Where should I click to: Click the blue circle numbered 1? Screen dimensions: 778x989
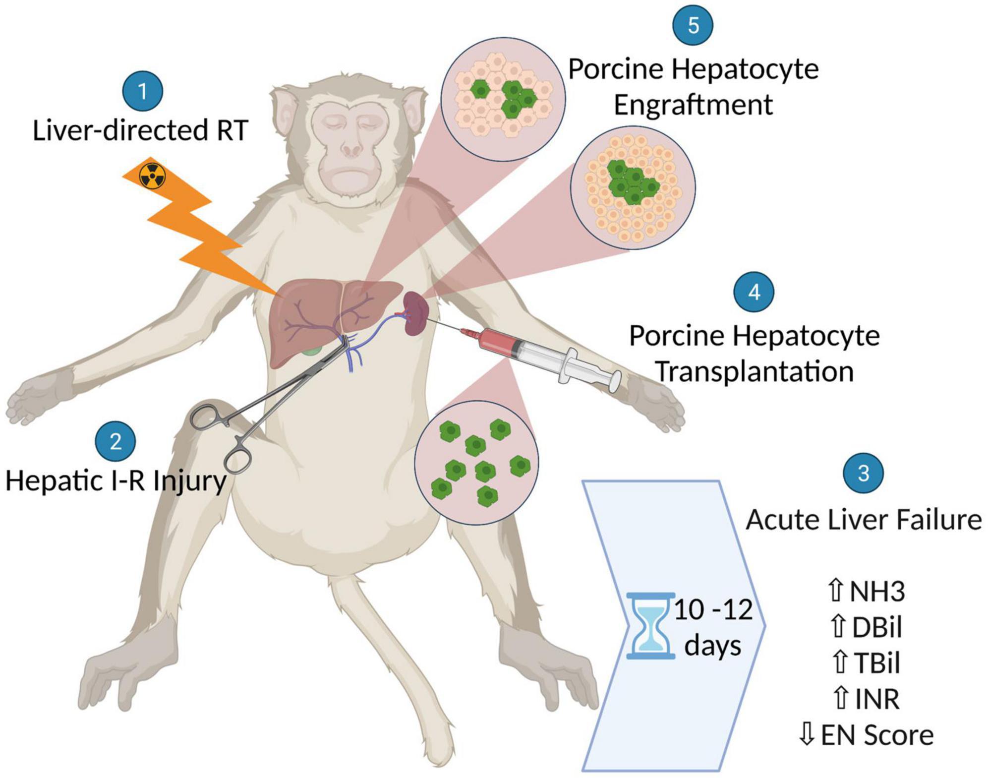click(x=143, y=91)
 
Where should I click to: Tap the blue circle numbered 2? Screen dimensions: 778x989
click(x=116, y=441)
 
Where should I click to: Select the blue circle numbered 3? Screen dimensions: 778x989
click(x=863, y=473)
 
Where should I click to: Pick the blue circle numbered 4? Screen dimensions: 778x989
click(x=754, y=292)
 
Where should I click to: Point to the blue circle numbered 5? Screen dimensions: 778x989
click(x=693, y=25)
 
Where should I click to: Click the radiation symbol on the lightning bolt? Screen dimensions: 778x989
click(x=153, y=176)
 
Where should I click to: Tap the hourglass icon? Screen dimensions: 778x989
click(x=650, y=625)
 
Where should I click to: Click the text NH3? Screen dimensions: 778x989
click(x=877, y=592)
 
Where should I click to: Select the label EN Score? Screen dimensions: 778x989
click(x=877, y=735)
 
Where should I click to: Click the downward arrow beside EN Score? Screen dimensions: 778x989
click(x=807, y=734)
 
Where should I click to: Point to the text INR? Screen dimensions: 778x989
click(x=877, y=699)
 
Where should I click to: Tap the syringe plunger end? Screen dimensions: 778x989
click(x=615, y=380)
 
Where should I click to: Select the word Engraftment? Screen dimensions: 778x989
click(x=693, y=105)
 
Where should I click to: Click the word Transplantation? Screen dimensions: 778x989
click(x=755, y=371)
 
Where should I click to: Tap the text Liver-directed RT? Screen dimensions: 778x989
click(x=140, y=131)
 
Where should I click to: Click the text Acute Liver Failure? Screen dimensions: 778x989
click(x=864, y=520)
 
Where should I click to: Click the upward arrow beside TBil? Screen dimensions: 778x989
click(x=839, y=663)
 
